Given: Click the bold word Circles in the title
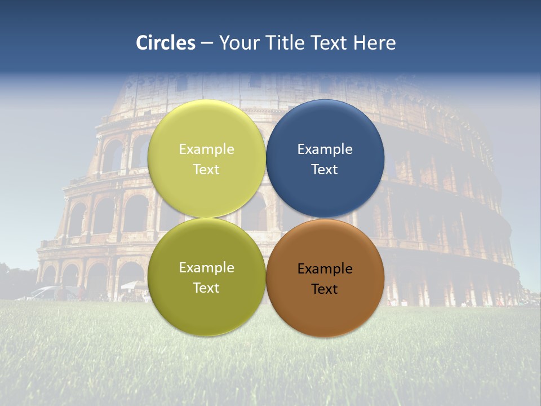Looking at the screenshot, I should (166, 43).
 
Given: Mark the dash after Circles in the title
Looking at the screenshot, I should (207, 43).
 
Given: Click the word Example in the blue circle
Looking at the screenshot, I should (325, 149).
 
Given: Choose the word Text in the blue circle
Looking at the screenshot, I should (325, 170).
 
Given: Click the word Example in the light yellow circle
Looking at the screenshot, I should (206, 149).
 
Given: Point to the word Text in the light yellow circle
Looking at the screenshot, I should (206, 170).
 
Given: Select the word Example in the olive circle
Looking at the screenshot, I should (206, 268).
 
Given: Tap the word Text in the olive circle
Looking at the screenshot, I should (206, 288).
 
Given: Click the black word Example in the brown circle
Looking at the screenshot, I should (325, 269).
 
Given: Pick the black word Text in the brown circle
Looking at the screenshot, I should (325, 289).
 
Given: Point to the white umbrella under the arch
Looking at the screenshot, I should (132, 285).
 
